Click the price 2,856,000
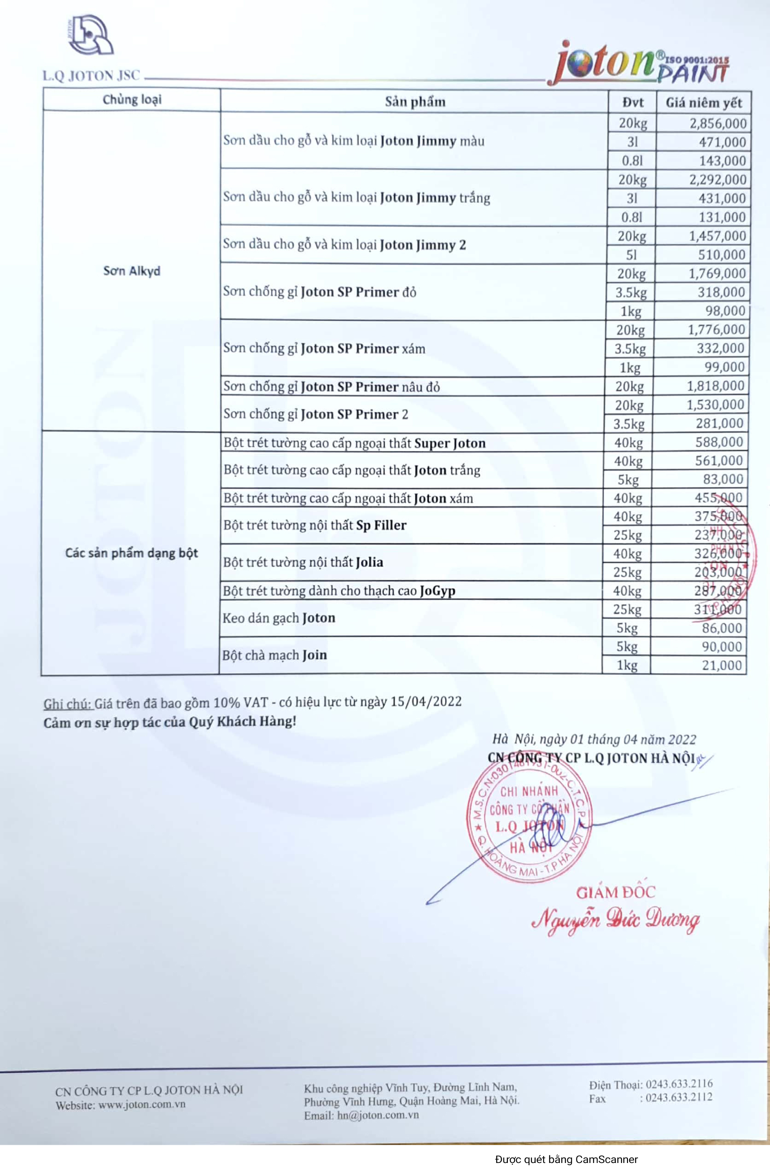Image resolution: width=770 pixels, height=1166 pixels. (717, 123)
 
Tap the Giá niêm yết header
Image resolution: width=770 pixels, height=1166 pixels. (703, 103)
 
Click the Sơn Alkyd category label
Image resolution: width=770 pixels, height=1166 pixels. (132, 271)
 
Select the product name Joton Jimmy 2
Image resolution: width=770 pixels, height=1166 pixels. (422, 245)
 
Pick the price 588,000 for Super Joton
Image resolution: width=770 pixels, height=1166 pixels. (719, 442)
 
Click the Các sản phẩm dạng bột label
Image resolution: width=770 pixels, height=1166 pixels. (132, 553)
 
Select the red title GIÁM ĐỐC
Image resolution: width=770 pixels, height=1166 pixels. (615, 892)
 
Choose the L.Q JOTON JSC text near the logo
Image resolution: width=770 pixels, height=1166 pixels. (91, 76)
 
